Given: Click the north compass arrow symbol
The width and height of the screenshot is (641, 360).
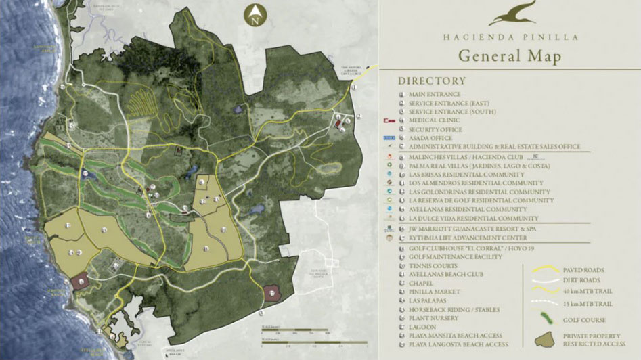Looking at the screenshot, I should tap(255, 14).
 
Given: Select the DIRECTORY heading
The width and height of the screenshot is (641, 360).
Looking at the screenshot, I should tap(431, 81).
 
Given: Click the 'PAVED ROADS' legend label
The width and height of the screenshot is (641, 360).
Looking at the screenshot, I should tap(583, 270).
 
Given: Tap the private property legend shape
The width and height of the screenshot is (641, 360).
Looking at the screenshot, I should tap(542, 339).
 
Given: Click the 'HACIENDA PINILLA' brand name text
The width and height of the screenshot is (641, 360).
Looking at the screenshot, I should tap(510, 38).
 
